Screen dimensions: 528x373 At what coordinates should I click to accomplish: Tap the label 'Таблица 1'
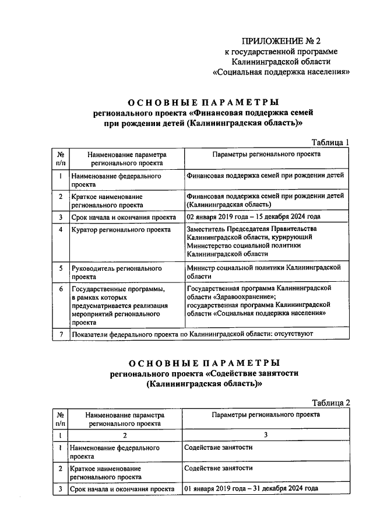pos(330,142)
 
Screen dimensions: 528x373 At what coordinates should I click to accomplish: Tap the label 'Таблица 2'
pos(330,403)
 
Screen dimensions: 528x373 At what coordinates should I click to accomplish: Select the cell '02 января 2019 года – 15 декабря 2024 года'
pos(254,217)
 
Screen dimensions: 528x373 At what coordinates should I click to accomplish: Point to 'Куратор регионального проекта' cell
pos(121,230)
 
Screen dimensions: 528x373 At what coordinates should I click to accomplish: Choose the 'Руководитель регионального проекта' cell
pos(116,272)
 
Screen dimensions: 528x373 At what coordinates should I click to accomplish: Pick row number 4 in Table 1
pos(61,230)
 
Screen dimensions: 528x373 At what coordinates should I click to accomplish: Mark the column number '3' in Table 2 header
pos(266,435)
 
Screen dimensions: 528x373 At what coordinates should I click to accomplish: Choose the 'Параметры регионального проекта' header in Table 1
pos(266,155)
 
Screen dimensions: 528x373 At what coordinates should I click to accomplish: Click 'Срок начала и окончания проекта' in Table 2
pos(122,489)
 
